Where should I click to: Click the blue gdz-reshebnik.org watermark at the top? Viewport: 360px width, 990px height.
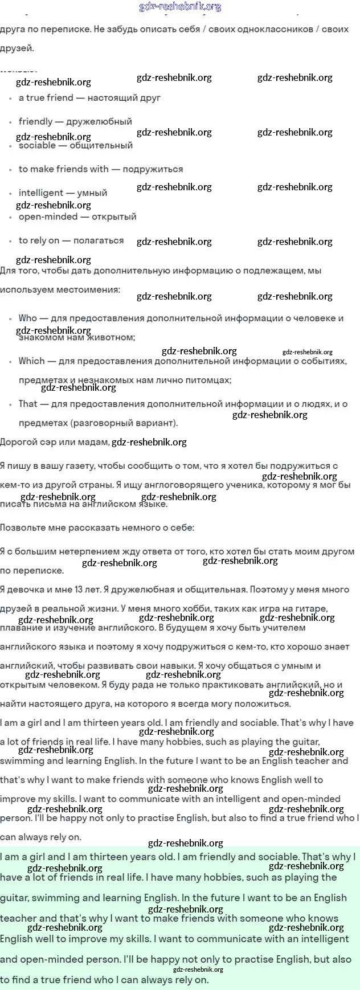click(180, 7)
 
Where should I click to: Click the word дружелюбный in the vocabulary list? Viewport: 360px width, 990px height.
click(99, 121)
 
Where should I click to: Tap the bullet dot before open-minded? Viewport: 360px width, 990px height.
click(10, 218)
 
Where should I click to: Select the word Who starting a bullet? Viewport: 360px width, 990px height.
click(27, 318)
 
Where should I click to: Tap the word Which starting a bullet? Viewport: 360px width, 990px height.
click(31, 361)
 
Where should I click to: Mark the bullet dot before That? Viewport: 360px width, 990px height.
click(10, 404)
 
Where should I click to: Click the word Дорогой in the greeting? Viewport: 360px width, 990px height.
click(19, 442)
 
